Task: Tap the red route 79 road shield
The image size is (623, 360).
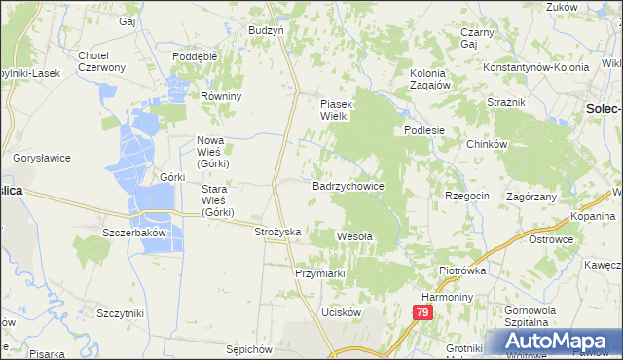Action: pos(421,312)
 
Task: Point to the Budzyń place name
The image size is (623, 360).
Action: pos(266,30)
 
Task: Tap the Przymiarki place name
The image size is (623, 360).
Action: pos(320,273)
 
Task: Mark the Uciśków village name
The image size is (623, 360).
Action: pos(342,312)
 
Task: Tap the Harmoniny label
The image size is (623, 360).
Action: pos(447,295)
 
